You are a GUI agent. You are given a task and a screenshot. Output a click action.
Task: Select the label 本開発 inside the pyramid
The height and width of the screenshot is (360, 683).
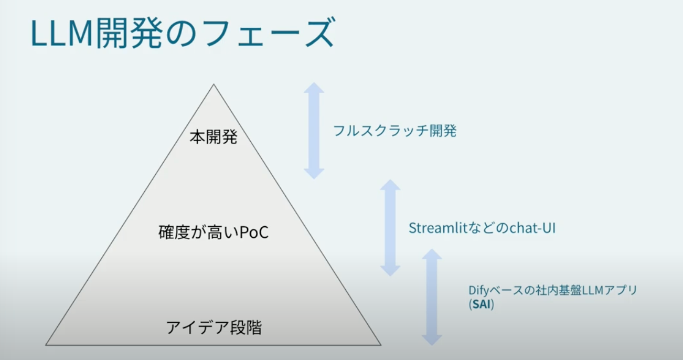point(214,136)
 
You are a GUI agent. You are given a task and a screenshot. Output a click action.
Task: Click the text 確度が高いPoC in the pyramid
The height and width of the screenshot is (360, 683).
point(214,232)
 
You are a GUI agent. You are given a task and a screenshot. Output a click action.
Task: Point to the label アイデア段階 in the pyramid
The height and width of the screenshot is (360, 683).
point(214,327)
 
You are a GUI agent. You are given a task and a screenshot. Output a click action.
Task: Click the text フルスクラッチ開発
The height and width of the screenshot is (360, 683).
point(394,131)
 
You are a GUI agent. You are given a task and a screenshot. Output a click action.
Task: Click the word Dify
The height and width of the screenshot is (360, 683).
point(479,290)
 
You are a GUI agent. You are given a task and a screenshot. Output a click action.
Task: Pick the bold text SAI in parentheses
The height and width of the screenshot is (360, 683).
point(481,304)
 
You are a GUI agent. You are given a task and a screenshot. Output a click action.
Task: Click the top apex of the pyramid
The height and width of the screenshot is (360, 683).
point(214,84)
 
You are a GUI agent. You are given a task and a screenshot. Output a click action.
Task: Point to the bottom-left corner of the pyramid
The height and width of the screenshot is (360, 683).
point(46,345)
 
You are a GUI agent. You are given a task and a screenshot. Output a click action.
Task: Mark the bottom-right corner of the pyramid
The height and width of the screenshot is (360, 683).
point(381,345)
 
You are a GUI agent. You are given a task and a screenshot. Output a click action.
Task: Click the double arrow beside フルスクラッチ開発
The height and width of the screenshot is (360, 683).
point(314,131)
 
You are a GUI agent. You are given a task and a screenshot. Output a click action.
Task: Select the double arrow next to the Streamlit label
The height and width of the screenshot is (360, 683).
point(390,228)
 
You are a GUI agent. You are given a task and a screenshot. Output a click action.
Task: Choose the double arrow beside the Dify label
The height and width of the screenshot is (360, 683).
point(432,297)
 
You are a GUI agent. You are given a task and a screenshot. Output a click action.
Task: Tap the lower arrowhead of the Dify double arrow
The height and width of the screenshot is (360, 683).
point(432,340)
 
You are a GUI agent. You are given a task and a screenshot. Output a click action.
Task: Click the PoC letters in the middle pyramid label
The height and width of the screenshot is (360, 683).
point(254,232)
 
